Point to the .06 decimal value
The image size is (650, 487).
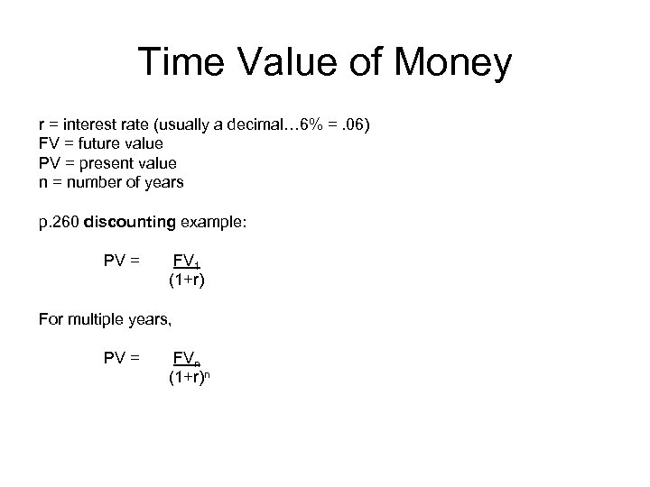(x=348, y=123)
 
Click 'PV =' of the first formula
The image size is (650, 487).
(x=122, y=262)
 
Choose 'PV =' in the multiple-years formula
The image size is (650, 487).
(x=122, y=358)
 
